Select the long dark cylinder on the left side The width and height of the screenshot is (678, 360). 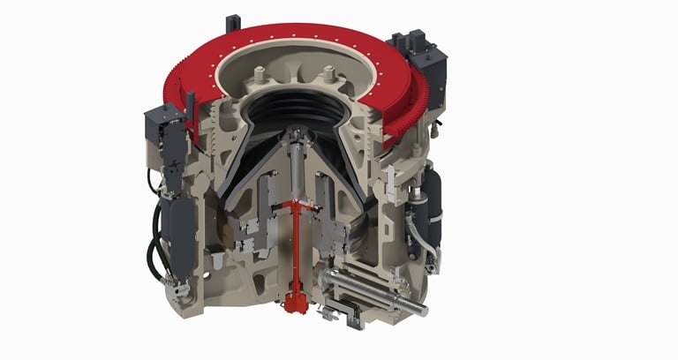point(180,226)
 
